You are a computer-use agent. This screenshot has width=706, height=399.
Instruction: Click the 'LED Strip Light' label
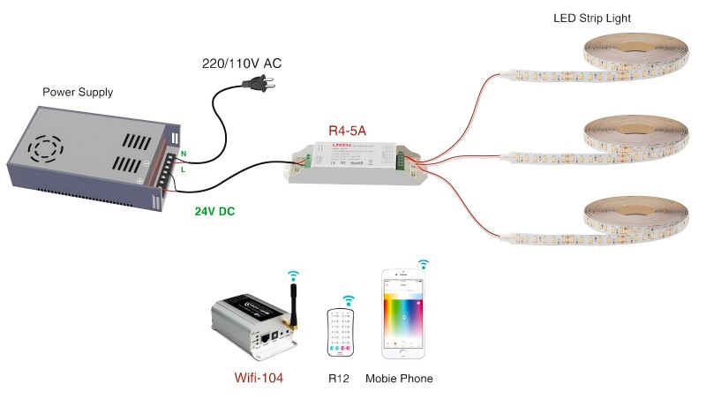593,17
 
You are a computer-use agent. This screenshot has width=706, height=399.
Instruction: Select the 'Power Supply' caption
78,92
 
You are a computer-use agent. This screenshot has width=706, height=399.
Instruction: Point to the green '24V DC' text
214,212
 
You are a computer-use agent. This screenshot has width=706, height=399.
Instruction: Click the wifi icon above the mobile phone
424,264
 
